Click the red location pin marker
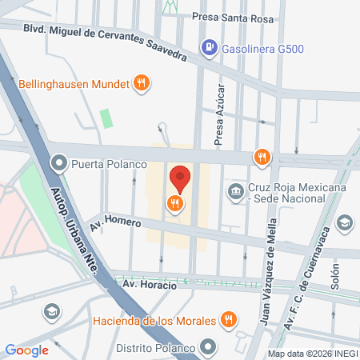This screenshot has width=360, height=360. pos(181,178)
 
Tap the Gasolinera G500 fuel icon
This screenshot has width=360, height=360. pos(209,46)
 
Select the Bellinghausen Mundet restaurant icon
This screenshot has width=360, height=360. pos(142,82)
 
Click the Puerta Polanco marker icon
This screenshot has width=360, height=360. pos(59,165)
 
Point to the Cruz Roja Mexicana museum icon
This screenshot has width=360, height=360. pos(236,190)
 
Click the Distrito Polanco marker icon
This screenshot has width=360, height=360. pos(209,348)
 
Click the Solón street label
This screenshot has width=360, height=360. pos(334,280)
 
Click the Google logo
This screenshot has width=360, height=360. pos(26,350)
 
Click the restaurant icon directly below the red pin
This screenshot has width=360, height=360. pos(174,204)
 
